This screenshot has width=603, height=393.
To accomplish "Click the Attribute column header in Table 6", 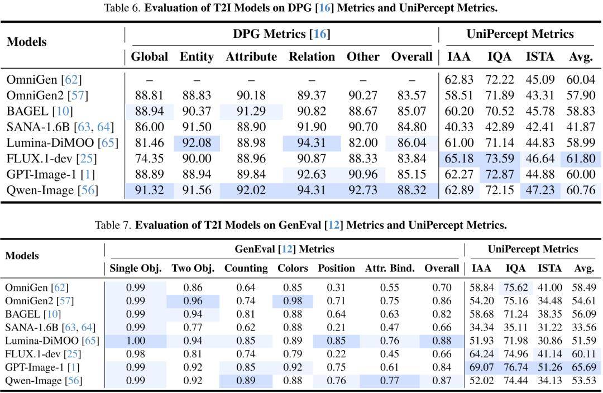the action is (x=251, y=56).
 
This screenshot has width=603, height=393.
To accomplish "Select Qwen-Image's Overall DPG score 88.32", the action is (x=411, y=190).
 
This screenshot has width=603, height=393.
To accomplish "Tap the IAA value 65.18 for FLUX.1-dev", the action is (x=459, y=159).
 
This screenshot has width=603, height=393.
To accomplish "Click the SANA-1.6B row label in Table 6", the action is (x=60, y=127).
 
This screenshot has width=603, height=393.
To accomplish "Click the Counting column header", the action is (x=246, y=268).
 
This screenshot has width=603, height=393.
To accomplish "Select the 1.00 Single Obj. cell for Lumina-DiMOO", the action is (x=136, y=341).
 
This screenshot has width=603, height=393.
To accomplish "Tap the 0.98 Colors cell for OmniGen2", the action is (x=293, y=301).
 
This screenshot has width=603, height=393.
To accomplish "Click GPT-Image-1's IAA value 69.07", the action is (x=481, y=367).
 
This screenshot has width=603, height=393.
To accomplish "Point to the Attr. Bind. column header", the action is (x=390, y=268).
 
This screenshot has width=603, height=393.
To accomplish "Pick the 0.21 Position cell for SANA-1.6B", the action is (x=336, y=327).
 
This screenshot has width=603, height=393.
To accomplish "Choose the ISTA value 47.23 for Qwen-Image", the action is (x=540, y=190).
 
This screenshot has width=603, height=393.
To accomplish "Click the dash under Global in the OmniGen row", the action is (x=149, y=80).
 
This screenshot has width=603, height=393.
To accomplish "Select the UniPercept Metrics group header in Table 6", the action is (x=520, y=34).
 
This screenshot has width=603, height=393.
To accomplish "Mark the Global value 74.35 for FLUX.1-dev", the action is (x=149, y=159).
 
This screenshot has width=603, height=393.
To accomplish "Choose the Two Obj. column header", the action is (x=193, y=268).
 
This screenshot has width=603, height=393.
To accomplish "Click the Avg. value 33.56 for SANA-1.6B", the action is (x=584, y=327).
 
